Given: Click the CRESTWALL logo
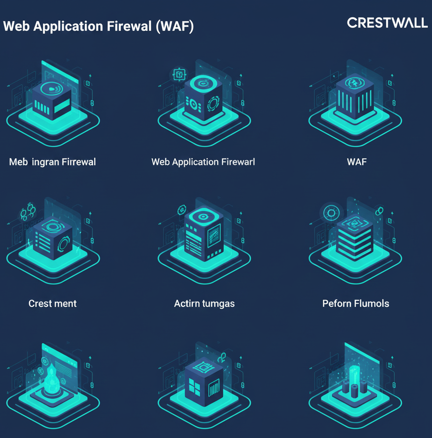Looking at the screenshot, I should [x=387, y=22].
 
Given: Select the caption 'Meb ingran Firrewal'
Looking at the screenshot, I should [x=52, y=162].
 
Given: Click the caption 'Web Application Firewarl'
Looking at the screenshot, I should [x=203, y=162].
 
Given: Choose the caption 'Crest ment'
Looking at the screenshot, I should [x=52, y=304].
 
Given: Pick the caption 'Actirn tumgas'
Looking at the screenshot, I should [x=204, y=304].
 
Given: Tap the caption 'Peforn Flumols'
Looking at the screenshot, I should [x=355, y=304].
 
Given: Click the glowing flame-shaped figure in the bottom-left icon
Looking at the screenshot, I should [x=50, y=381].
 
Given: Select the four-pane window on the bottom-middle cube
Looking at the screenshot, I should [x=194, y=386].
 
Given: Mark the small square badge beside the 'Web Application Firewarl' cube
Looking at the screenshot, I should [x=179, y=74].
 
